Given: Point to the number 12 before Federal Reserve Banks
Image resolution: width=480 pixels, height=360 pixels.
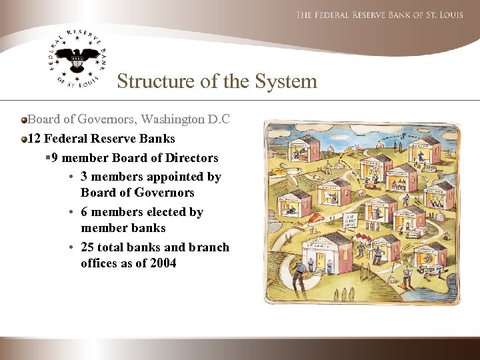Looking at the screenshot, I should click(34, 139).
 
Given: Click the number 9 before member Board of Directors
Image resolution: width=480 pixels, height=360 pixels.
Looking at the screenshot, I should click(55, 158).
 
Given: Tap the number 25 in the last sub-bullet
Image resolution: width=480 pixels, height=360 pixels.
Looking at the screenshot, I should click(87, 247).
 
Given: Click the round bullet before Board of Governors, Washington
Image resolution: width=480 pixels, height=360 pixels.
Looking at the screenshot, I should click(25, 120).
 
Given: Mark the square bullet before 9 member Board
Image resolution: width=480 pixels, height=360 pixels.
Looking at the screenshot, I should click(48, 158).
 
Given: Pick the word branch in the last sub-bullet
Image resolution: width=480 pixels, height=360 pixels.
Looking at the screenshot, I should click(209, 247).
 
